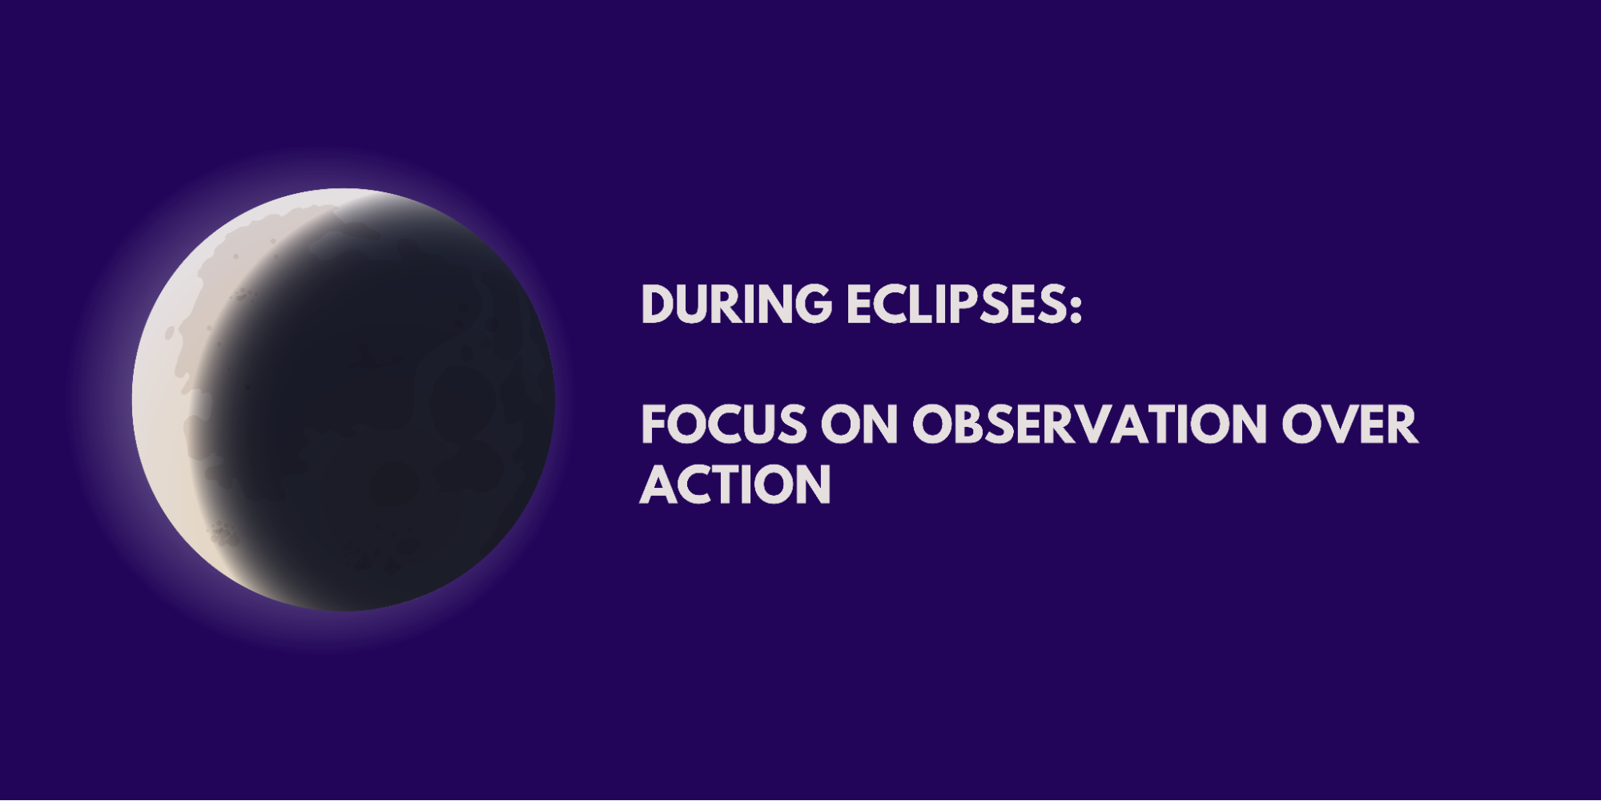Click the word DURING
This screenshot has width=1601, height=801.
(x=737, y=304)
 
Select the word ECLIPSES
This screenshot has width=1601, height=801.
(x=955, y=304)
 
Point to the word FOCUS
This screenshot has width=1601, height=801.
(x=724, y=425)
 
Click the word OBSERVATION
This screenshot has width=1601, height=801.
(x=1090, y=425)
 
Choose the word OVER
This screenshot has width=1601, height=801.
(x=1350, y=425)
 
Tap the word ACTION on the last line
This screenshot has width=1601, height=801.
(x=735, y=485)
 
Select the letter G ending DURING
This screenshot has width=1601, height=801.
(x=812, y=304)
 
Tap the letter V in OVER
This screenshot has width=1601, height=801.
(x=1340, y=425)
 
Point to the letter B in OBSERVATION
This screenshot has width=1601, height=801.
(x=970, y=425)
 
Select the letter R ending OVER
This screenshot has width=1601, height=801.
(x=1403, y=425)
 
